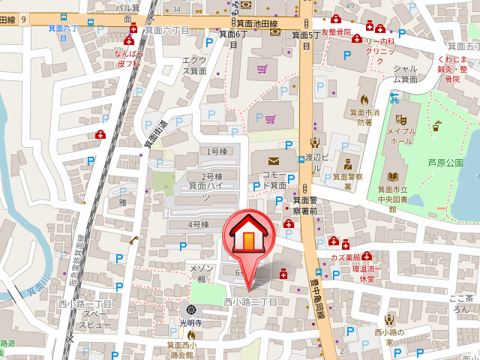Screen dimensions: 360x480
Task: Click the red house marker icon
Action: coord(247,234)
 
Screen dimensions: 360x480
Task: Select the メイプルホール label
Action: coord(400,136)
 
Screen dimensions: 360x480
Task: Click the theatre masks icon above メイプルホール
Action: coord(401,118)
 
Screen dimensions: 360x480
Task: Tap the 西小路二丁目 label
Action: coord(250,301)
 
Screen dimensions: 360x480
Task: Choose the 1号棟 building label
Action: coord(218,151)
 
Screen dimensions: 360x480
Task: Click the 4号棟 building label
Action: coord(198,224)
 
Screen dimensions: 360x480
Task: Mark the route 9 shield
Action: coord(24,19)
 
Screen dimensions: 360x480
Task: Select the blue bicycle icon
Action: coord(394,97)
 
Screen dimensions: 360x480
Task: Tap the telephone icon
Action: coord(133,240)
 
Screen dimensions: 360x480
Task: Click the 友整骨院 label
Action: coord(335,32)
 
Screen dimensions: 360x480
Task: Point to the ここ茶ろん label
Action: coord(460,303)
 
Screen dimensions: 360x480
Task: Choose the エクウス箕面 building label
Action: coord(194,65)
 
